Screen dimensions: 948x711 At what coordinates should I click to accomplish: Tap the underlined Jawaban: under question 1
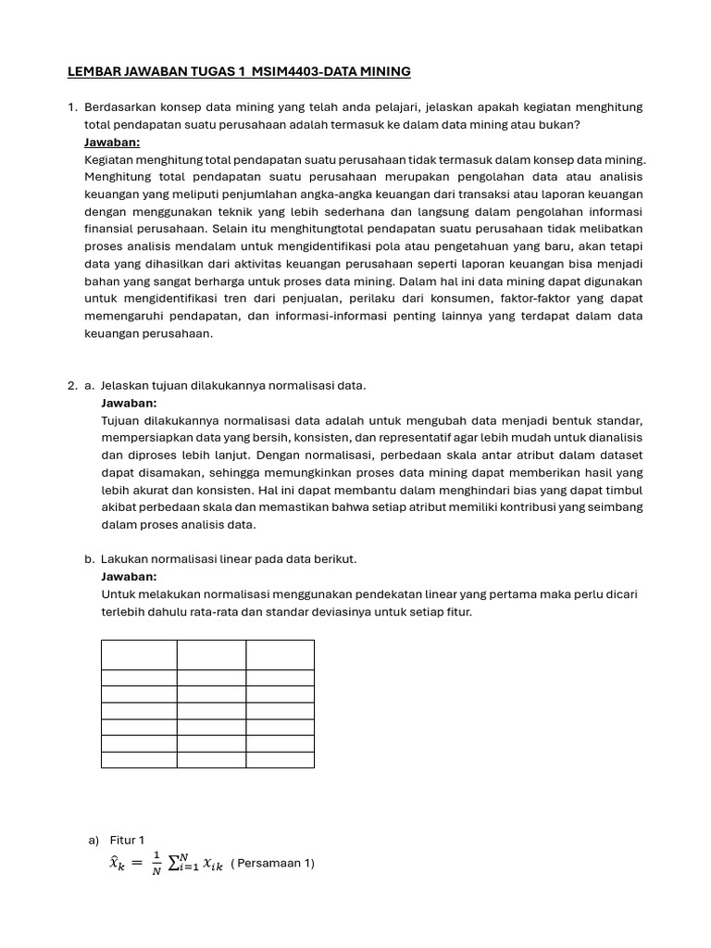112,143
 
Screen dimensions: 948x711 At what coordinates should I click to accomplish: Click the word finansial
111,229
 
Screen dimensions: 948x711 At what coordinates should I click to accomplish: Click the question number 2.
71,385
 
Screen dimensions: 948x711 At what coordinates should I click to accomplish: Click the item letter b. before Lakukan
89,559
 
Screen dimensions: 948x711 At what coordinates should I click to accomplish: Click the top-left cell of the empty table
139,655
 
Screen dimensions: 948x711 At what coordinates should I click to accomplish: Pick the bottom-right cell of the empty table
280,759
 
